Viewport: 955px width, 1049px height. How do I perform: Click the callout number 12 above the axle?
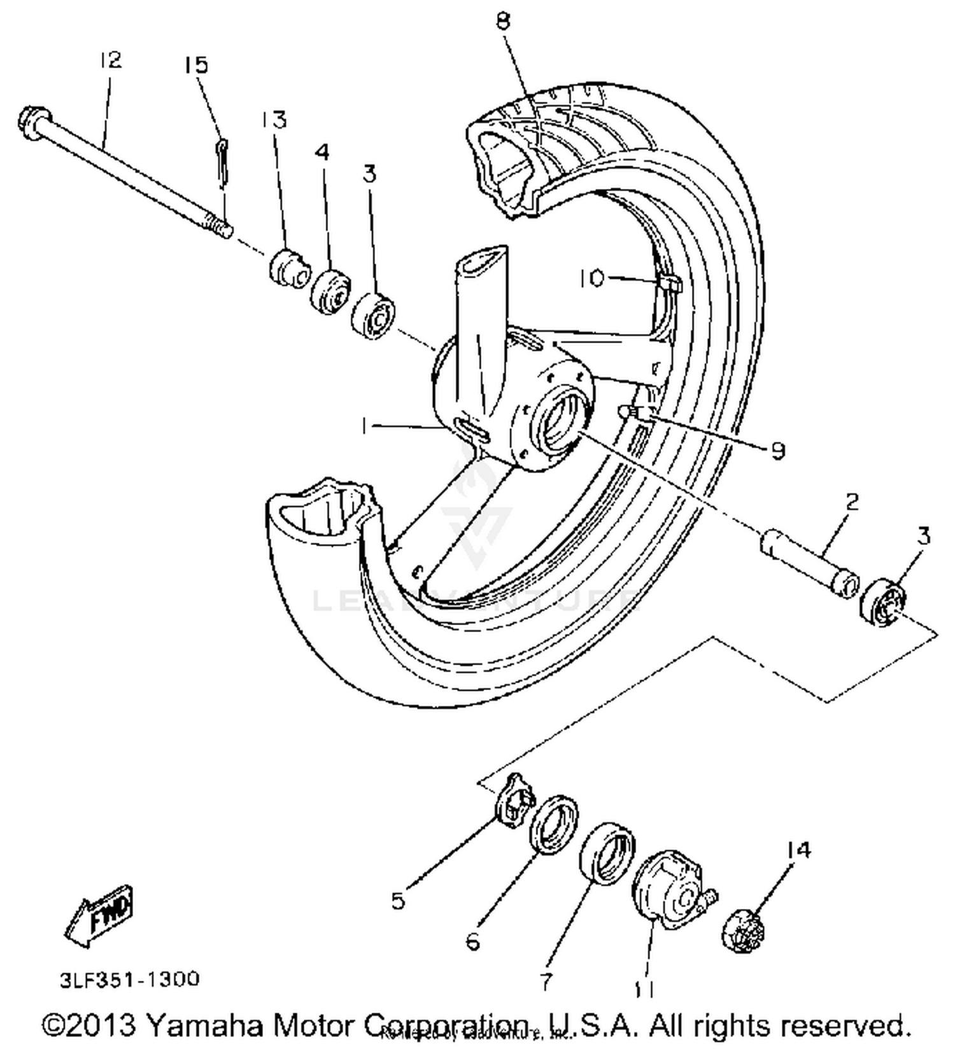(x=110, y=60)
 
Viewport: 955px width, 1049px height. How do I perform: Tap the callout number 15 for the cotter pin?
(x=196, y=65)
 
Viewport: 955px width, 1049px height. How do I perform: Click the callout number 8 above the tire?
(x=503, y=22)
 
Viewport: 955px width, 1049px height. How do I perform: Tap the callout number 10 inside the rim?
(x=591, y=278)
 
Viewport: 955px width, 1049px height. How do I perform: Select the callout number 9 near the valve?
(x=777, y=451)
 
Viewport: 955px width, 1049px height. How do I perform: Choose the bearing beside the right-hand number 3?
(x=884, y=602)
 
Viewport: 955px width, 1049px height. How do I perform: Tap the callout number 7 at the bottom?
(x=546, y=982)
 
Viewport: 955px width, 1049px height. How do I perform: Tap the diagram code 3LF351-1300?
(x=130, y=978)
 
